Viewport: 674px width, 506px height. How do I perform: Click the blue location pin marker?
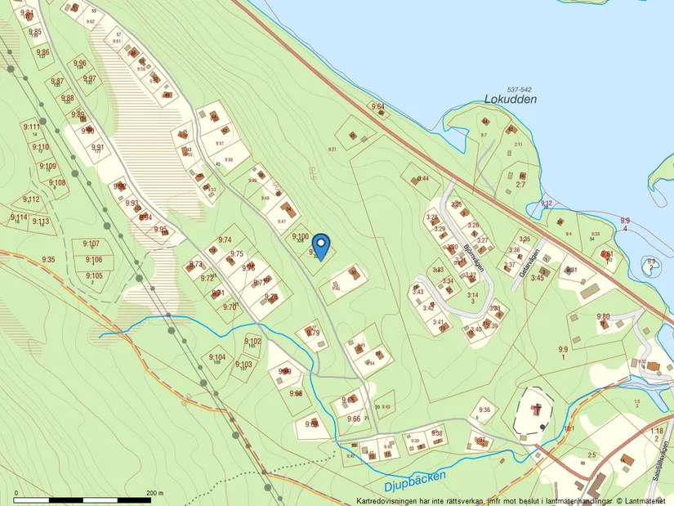tap(321, 244)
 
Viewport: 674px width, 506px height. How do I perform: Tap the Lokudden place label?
tap(511, 99)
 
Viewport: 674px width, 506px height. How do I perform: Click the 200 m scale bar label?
tap(154, 494)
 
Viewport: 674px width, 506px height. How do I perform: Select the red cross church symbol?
tap(536, 408)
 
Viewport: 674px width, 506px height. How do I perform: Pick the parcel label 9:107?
tap(91, 244)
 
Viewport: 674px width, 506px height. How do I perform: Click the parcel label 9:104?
tap(216, 357)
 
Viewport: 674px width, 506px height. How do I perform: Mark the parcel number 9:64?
tap(377, 107)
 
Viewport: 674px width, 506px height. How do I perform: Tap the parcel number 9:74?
tap(225, 240)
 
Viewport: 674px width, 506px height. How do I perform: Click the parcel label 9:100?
tap(300, 236)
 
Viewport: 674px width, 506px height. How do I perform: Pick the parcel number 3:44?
tap(422, 178)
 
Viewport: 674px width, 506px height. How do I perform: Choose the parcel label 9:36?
tap(484, 410)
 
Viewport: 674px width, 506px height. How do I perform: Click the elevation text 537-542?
tap(519, 88)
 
